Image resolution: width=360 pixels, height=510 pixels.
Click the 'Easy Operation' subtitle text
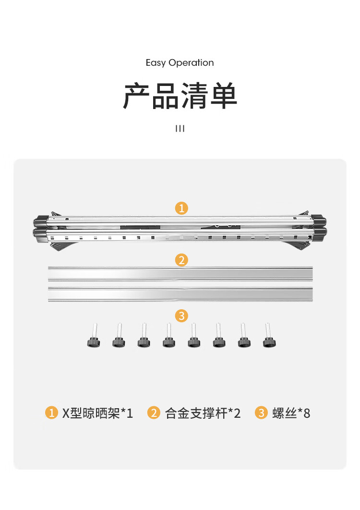pos(180,62)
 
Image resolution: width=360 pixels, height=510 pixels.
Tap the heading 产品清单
pos(180,96)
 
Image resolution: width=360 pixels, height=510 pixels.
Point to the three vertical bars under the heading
pos(180,129)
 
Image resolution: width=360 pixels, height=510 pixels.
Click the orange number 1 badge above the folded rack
pos(181,208)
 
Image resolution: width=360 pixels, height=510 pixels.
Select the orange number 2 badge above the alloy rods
pos(181,260)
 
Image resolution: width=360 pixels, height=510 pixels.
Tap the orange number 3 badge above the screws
pos(181,316)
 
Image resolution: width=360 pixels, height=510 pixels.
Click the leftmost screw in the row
pos(94,335)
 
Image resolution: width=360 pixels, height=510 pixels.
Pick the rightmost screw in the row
pos(269,335)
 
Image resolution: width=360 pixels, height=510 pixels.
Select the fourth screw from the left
pos(169,335)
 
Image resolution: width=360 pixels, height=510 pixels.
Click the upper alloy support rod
pos(180,274)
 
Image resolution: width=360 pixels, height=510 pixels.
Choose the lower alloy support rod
pos(180,294)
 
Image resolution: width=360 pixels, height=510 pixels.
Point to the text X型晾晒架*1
pos(97,413)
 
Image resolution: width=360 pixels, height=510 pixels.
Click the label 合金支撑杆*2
pos(203,413)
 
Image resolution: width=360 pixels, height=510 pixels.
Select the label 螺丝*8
pos(291,413)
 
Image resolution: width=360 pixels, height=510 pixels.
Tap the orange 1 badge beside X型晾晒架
pos(51,413)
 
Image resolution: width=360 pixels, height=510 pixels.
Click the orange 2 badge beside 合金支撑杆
pos(154,413)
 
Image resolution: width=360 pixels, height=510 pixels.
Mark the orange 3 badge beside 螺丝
pos(261,413)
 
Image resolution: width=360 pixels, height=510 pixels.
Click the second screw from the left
pos(119,335)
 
